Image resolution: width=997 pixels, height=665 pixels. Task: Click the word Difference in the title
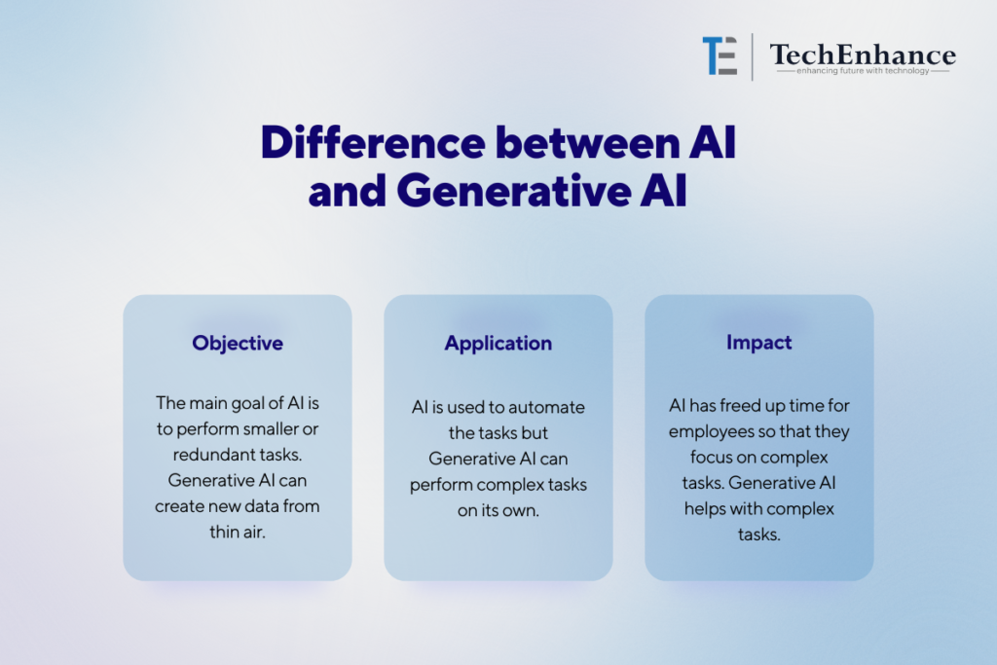point(373,142)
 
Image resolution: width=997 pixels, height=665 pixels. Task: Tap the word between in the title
point(588,142)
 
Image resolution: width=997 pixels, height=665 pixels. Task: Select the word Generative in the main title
point(514,191)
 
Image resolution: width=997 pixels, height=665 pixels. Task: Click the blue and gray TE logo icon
point(720,55)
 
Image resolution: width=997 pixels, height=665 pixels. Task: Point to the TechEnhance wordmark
point(863,55)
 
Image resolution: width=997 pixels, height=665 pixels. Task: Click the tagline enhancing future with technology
point(863,70)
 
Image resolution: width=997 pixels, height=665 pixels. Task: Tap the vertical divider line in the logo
point(753,56)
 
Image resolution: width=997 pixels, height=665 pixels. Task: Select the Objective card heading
point(238,344)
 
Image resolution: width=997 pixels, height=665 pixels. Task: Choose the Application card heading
point(498,344)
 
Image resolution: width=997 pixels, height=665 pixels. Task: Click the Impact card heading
point(759,343)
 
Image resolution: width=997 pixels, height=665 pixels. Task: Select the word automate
point(546,408)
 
